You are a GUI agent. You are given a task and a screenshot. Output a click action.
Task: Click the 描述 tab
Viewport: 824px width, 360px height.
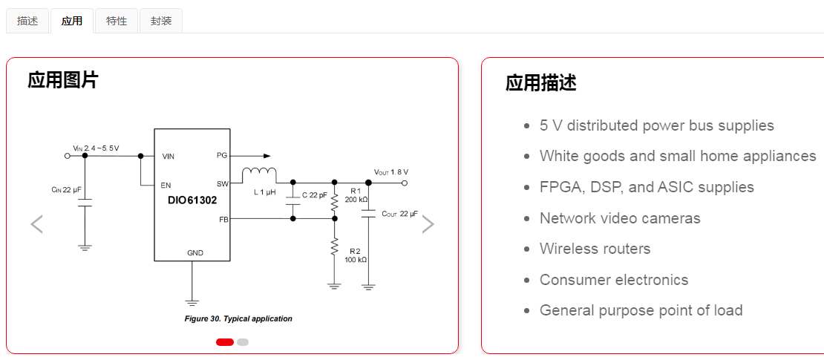click(x=27, y=21)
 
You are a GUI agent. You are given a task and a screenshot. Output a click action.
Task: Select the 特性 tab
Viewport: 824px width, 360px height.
click(x=117, y=21)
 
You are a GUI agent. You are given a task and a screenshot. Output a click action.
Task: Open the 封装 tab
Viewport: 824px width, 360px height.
click(x=161, y=21)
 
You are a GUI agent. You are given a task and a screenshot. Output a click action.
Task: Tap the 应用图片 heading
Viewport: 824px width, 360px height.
click(x=62, y=80)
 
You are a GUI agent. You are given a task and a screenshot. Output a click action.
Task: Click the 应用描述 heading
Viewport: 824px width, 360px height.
click(x=540, y=82)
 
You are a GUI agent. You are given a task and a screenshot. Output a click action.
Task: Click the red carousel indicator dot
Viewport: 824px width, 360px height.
click(x=225, y=342)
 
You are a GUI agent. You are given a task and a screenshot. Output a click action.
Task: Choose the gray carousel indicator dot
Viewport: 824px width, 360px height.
click(x=243, y=342)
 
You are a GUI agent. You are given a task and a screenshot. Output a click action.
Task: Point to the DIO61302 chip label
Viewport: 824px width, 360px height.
click(x=192, y=200)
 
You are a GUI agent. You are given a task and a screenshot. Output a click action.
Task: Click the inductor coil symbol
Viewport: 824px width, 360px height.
click(x=259, y=174)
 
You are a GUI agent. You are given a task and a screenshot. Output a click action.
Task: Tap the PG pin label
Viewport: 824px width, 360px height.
click(x=221, y=156)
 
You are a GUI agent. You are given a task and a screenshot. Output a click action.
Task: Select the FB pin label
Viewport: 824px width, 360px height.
click(x=223, y=219)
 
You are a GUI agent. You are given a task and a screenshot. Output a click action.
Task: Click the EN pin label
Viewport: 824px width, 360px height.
click(x=168, y=185)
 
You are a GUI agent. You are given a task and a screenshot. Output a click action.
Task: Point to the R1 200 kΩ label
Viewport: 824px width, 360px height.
click(x=356, y=195)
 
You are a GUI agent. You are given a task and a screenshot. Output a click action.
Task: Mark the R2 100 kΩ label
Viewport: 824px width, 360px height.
click(x=356, y=255)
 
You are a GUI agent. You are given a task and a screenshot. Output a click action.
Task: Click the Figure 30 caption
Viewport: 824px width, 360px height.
click(x=238, y=318)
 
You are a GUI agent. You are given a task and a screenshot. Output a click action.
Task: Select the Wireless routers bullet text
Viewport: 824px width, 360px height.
click(x=595, y=249)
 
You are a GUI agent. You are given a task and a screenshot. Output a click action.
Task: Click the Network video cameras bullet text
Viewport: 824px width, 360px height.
click(x=620, y=218)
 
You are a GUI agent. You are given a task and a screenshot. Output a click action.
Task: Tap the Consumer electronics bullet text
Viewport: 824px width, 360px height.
click(x=614, y=280)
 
